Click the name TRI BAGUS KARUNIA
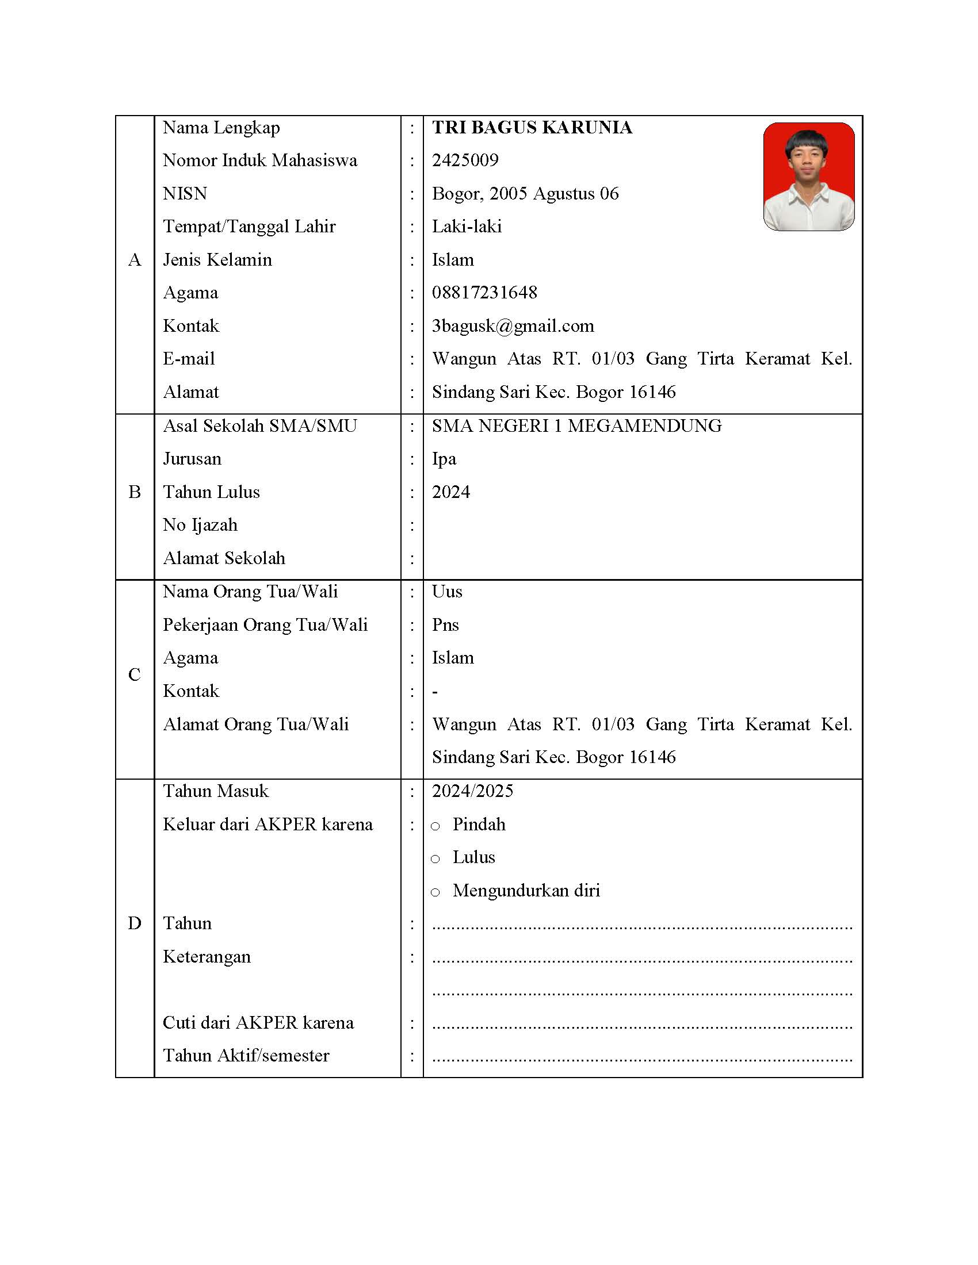tap(532, 128)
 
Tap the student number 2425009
tap(465, 160)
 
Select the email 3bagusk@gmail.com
tap(513, 326)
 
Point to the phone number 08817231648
tap(484, 293)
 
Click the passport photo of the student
tap(808, 177)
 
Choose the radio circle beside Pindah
tap(435, 826)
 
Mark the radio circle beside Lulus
tap(435, 860)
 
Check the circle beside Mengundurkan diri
tap(435, 892)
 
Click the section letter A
tap(135, 260)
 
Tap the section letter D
tap(135, 923)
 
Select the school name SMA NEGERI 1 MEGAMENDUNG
tap(576, 425)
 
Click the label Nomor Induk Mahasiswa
tap(260, 160)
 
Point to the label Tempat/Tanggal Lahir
tap(249, 227)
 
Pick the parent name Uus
tap(446, 591)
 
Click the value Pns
tap(445, 625)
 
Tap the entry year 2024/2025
tap(472, 791)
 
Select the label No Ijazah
tap(200, 526)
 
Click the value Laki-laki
tap(467, 227)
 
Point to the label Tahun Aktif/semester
tap(246, 1056)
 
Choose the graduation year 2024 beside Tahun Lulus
tap(451, 492)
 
